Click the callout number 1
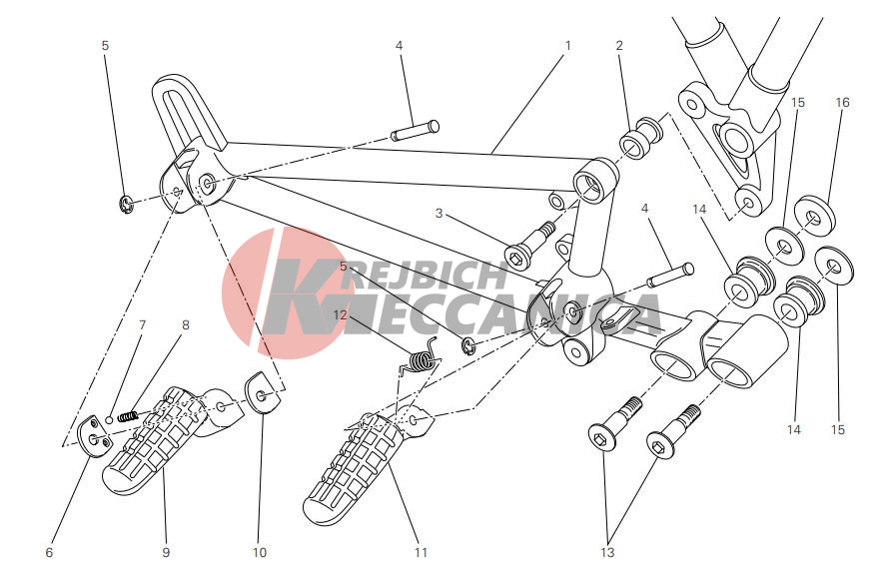point(567,45)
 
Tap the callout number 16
point(842,103)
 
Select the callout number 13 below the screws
point(607,552)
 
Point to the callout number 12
point(341,314)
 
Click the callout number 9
point(166,552)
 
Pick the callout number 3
point(439,214)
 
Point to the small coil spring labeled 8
point(129,416)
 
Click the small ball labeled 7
point(109,420)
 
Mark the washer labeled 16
point(814,215)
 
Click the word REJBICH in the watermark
point(429,275)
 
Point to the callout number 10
point(259,552)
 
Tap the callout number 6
point(49,552)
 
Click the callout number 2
point(619,45)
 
